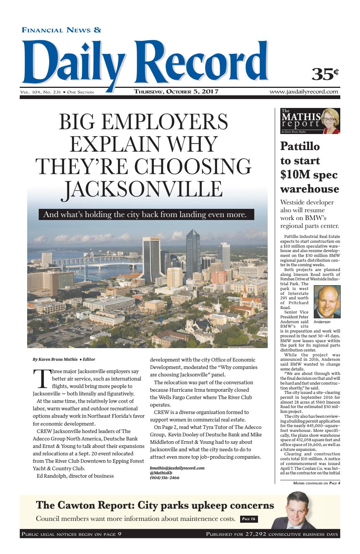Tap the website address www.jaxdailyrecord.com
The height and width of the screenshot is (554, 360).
pyautogui.click(x=305, y=92)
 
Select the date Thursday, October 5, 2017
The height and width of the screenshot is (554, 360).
pyautogui.click(x=176, y=92)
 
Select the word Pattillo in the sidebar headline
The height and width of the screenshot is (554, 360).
pyautogui.click(x=300, y=146)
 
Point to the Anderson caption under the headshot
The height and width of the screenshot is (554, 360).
pyautogui.click(x=322, y=322)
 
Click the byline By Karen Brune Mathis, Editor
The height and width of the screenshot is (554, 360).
pyautogui.click(x=64, y=359)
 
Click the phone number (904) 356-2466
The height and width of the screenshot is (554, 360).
pyautogui.click(x=165, y=477)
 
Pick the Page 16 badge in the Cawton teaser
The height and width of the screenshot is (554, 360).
pyautogui.click(x=249, y=519)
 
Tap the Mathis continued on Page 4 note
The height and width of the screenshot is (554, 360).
pyautogui.click(x=316, y=483)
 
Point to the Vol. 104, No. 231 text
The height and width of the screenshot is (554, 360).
pyautogui.click(x=41, y=92)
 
